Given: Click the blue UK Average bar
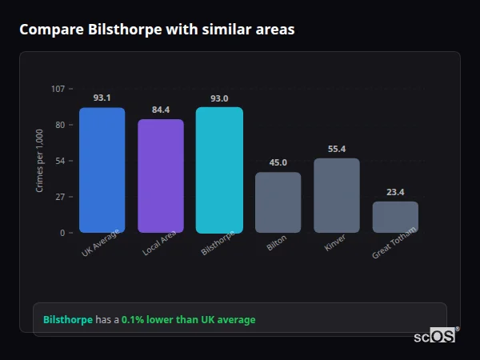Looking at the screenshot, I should (102, 170).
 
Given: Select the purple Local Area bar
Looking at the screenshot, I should (161, 176).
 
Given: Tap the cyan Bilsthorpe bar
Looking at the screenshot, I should (219, 170).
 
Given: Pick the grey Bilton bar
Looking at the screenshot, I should (278, 202).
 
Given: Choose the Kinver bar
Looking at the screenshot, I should (337, 195).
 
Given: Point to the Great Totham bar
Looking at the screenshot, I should (395, 217).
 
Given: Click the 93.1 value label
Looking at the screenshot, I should (102, 98).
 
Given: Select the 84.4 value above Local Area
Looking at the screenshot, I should (161, 110).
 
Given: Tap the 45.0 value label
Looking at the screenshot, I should (278, 162).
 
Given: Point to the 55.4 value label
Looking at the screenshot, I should (337, 149).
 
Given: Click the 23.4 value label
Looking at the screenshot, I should (395, 192).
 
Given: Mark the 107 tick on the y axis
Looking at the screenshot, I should (58, 89).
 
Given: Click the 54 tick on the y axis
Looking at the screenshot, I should (59, 161).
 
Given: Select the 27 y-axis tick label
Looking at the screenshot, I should (59, 197).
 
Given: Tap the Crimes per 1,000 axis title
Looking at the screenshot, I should (40, 160).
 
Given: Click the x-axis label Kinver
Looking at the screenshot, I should (335, 243).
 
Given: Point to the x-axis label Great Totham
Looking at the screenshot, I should (394, 246).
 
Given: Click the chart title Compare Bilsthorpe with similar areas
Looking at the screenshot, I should (157, 30).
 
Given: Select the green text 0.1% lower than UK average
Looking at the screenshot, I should (188, 320).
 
